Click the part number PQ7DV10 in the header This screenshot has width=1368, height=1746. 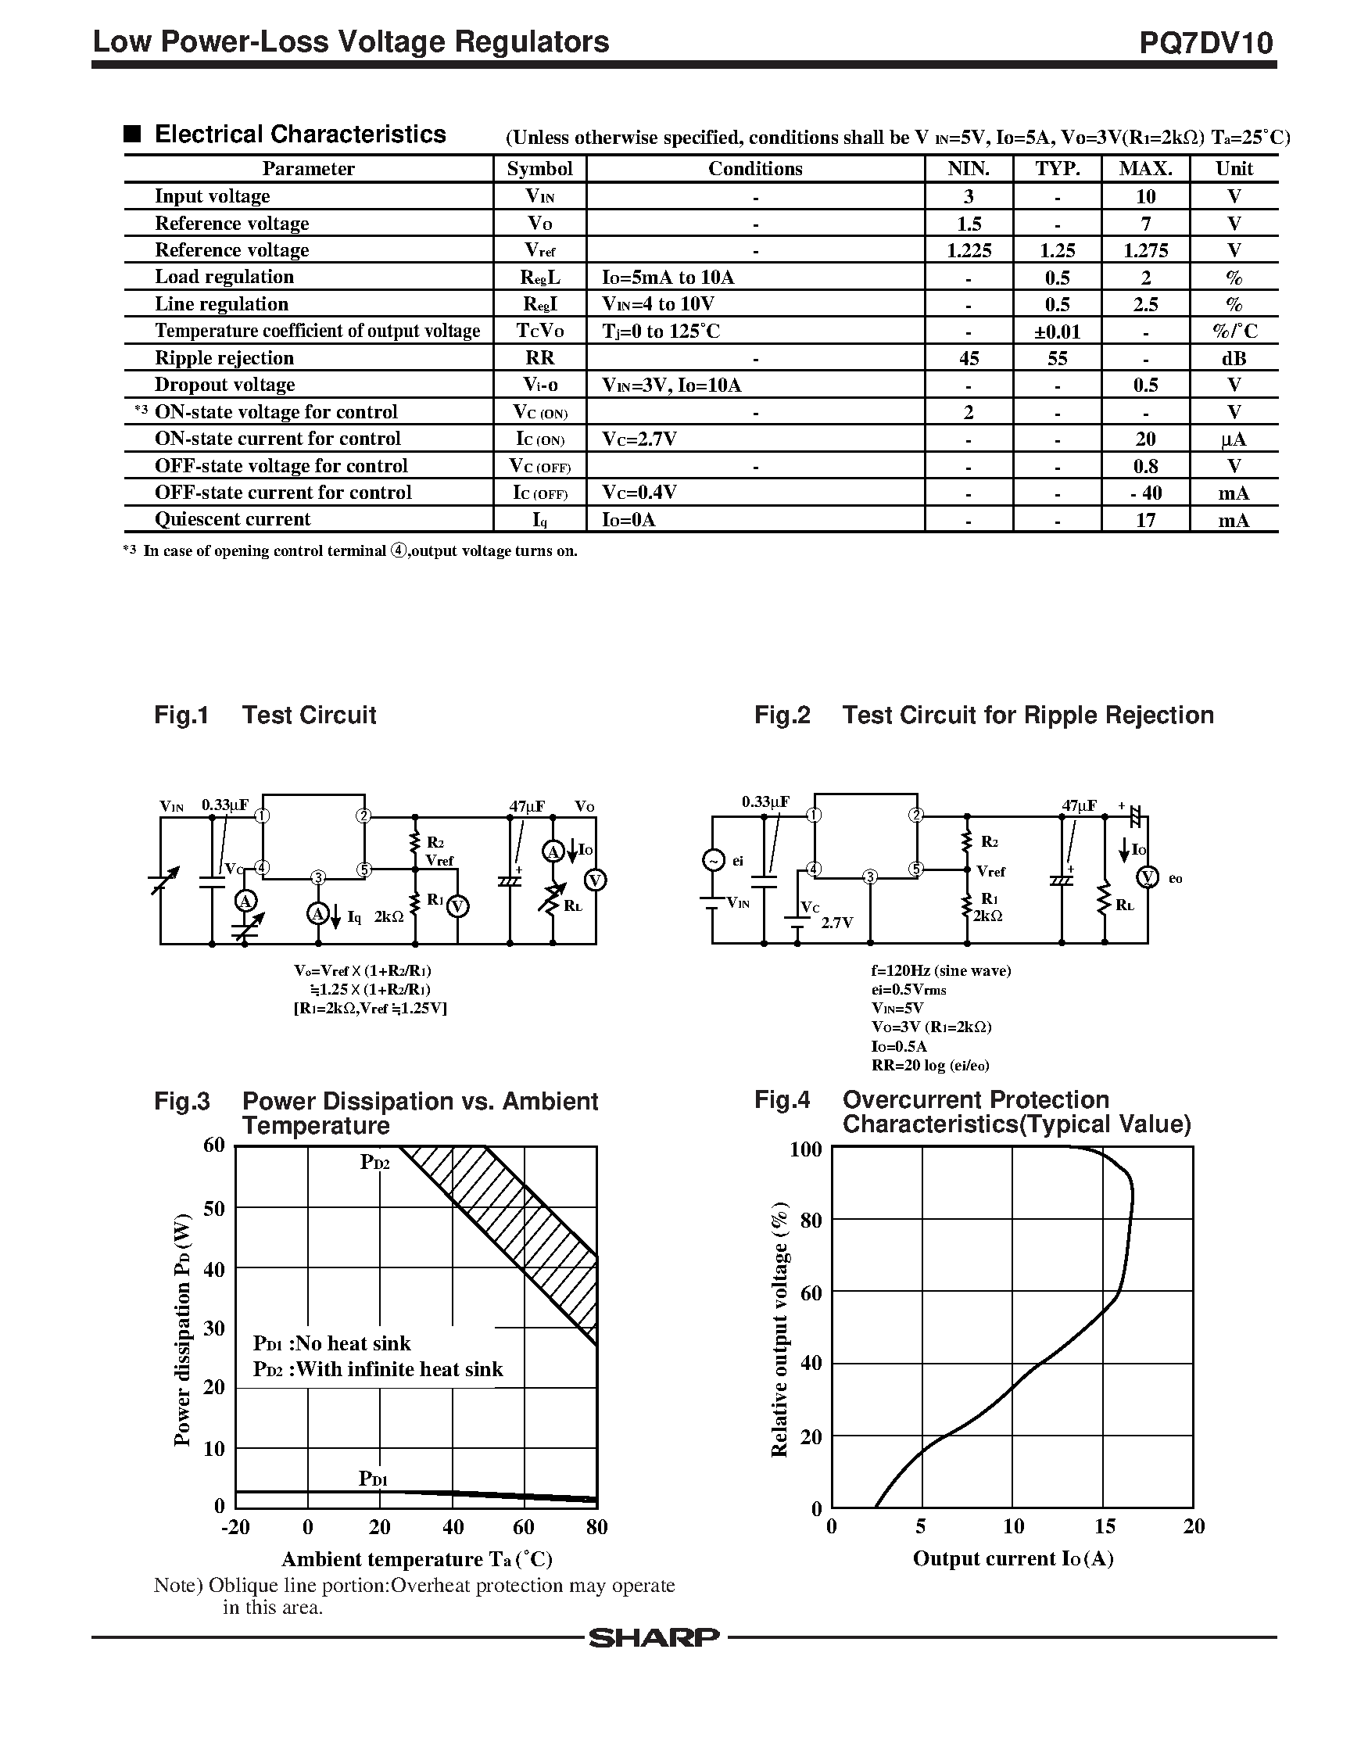tap(1205, 42)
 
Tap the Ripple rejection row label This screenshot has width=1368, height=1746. tap(224, 358)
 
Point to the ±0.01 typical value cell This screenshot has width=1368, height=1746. tap(1057, 332)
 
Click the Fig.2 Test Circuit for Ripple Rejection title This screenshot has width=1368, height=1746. tap(983, 715)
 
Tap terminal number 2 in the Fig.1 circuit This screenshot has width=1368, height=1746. tap(364, 816)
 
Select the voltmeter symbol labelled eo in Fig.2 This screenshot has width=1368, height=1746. tap(1148, 877)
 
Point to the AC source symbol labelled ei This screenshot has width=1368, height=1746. tap(712, 860)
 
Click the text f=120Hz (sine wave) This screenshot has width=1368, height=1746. tap(941, 970)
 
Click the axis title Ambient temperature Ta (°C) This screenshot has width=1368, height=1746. tap(417, 1558)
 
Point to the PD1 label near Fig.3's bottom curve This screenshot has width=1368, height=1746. tap(373, 1479)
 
